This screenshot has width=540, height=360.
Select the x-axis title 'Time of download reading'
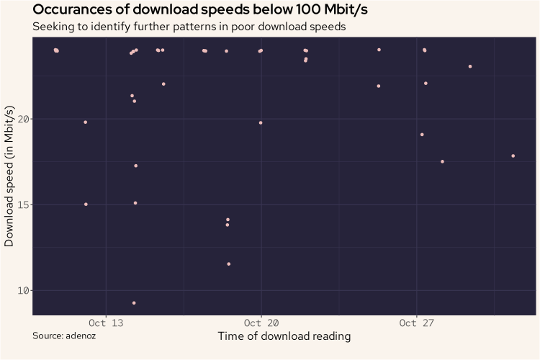(x=284, y=336)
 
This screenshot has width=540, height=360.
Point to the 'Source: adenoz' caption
(x=64, y=336)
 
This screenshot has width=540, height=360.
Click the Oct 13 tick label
(x=106, y=323)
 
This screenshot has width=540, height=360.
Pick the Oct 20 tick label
(x=261, y=323)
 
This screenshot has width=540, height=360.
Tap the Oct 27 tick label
(x=417, y=323)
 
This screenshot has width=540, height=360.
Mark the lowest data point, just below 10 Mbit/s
(x=134, y=303)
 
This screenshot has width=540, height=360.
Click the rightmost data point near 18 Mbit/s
(x=513, y=156)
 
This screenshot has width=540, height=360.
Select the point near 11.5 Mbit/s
(x=229, y=264)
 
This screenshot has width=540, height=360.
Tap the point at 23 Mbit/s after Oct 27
(x=470, y=66)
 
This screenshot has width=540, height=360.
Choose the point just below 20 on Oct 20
(x=261, y=123)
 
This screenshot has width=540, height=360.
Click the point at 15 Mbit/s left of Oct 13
(x=86, y=204)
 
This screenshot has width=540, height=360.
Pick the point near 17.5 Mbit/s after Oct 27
(x=442, y=162)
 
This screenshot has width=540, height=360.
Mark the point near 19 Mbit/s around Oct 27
(x=422, y=135)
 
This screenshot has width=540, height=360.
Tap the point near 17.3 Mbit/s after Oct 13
(x=135, y=166)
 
